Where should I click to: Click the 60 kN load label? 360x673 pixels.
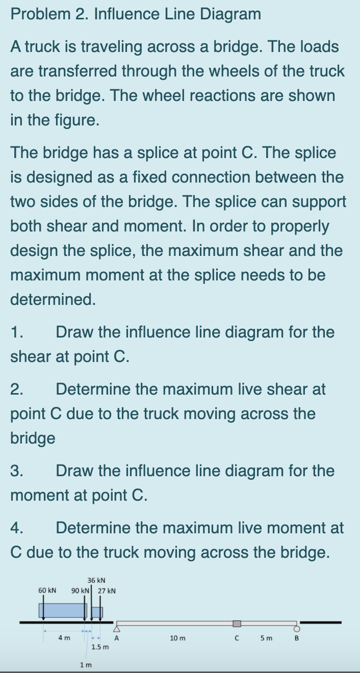[47, 590]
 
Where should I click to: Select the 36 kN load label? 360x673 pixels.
[96, 580]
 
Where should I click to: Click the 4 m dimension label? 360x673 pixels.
[64, 637]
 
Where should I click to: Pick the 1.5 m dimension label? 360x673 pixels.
[99, 647]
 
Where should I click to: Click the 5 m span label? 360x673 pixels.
[267, 638]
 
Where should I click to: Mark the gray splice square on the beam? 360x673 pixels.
[237, 624]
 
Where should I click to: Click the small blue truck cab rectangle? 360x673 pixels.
[97, 612]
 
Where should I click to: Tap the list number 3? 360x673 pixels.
[16, 471]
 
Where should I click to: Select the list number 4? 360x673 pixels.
[16, 528]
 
